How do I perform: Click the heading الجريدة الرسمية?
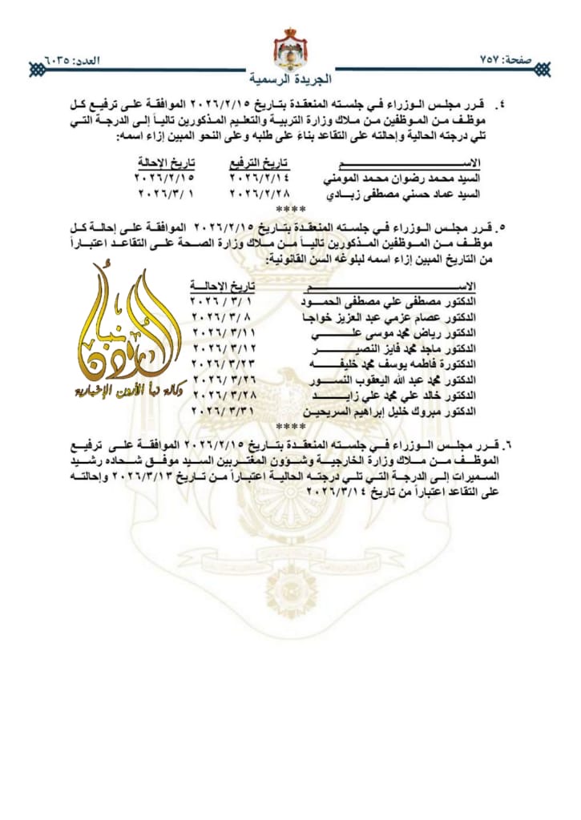(289, 80)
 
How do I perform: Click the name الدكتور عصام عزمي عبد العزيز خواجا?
(390, 317)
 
